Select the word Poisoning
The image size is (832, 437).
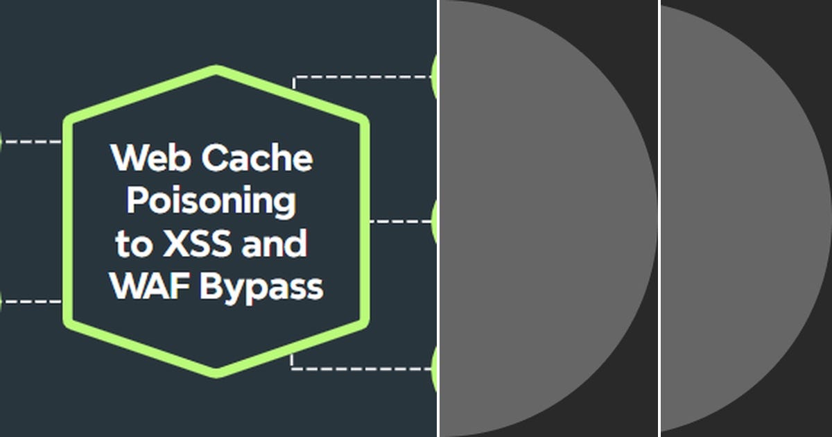[211, 202]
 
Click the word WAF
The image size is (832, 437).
[149, 286]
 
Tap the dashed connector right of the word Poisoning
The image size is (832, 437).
[399, 221]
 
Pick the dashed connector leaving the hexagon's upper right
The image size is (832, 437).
[361, 77]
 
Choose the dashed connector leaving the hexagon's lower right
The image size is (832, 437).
[361, 368]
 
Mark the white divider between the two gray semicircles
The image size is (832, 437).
[659, 218]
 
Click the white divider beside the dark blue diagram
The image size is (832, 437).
[438, 218]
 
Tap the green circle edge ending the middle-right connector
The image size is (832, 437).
[434, 221]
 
